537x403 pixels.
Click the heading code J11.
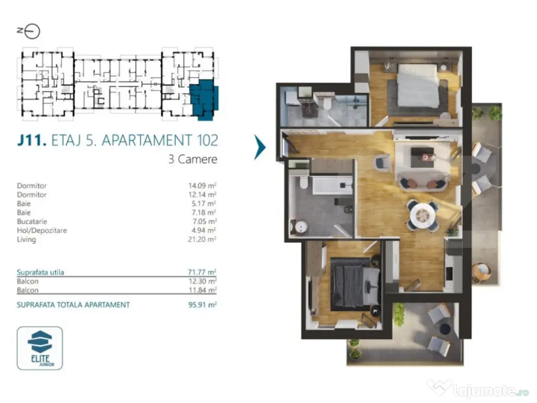click(x=33, y=141)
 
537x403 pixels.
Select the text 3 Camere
click(x=192, y=159)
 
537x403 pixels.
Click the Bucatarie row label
click(x=33, y=221)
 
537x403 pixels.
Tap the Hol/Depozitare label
click(x=42, y=230)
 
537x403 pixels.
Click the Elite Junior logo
click(x=40, y=347)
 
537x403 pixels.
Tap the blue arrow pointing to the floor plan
click(x=260, y=147)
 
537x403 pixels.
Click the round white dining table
click(x=422, y=215)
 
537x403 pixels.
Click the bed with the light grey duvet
click(x=417, y=87)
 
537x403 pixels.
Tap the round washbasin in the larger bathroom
click(x=301, y=227)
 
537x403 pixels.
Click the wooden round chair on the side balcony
click(x=481, y=272)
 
